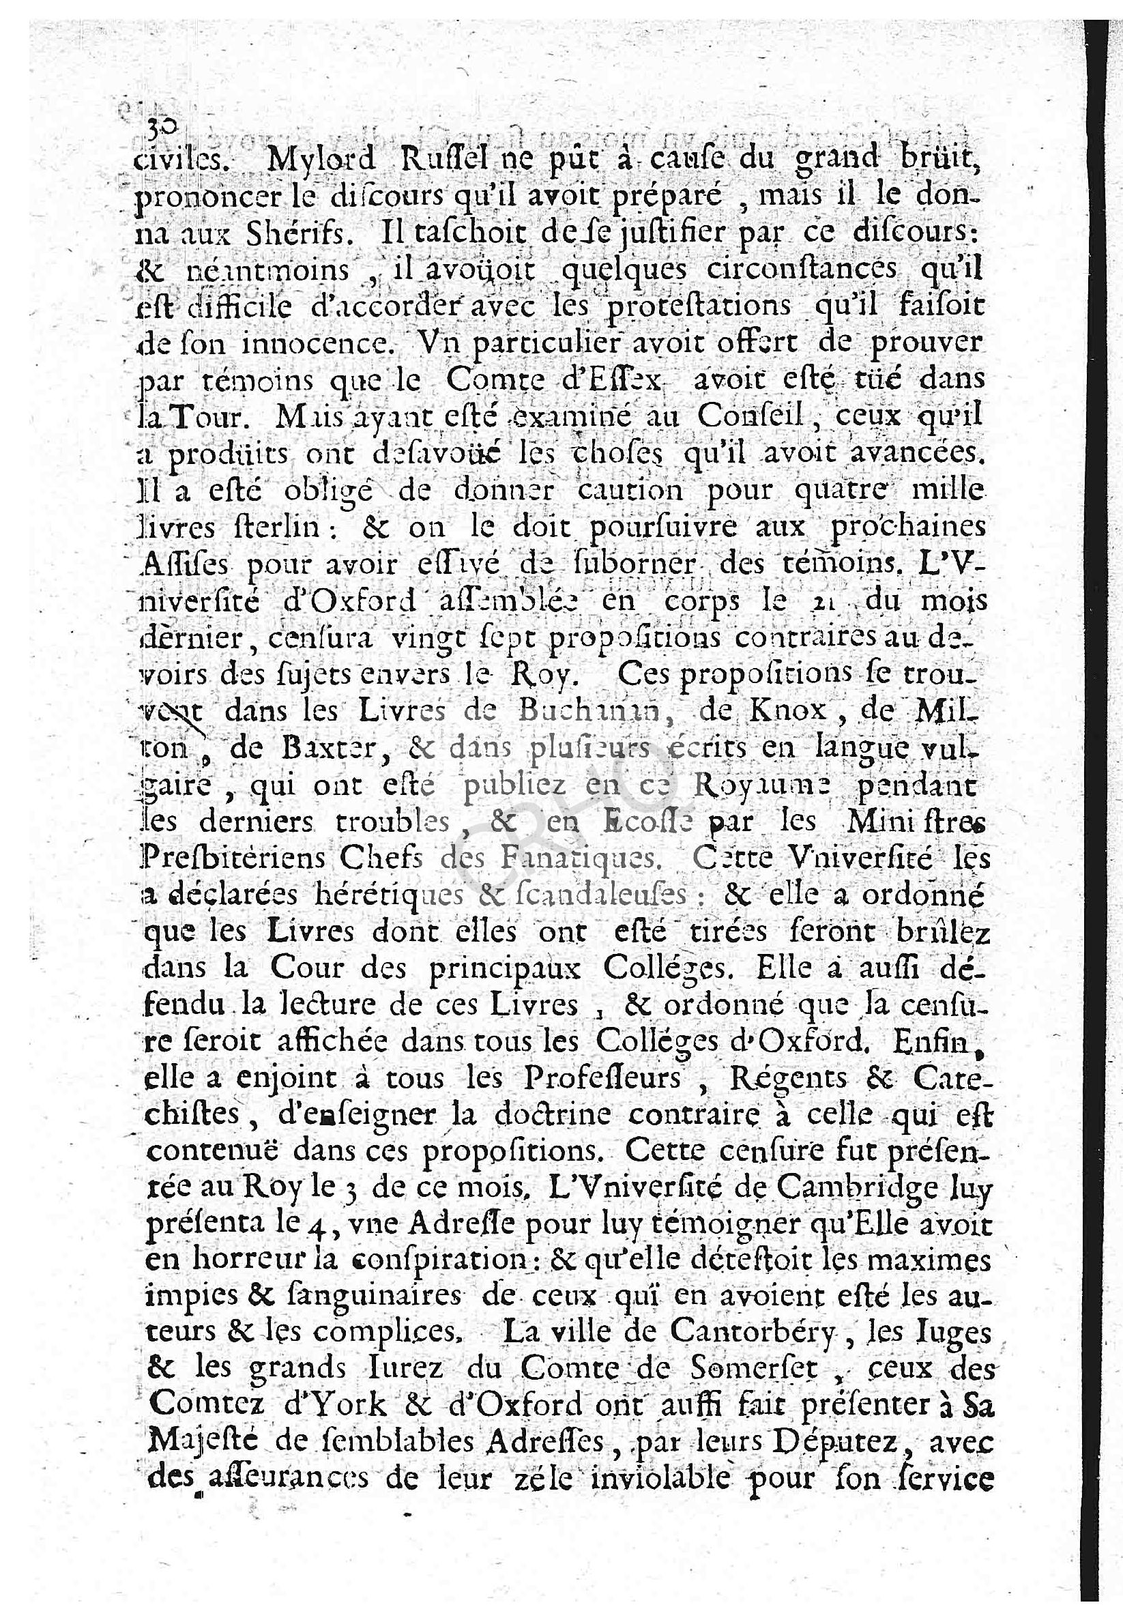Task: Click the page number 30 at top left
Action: [153, 126]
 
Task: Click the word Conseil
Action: [750, 418]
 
